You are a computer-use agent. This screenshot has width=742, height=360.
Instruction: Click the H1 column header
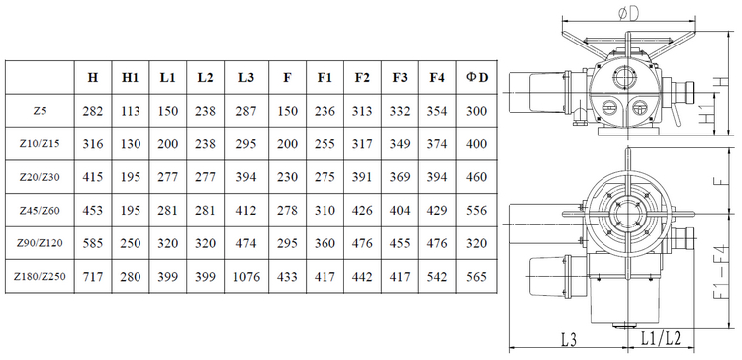click(131, 78)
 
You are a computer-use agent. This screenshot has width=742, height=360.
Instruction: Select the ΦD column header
click(477, 78)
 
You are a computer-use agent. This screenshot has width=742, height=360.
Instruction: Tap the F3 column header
click(400, 78)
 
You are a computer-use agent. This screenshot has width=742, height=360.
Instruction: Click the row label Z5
click(40, 111)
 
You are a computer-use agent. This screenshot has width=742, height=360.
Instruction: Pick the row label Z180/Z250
click(40, 276)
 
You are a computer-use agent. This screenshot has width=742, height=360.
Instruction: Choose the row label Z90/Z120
click(40, 243)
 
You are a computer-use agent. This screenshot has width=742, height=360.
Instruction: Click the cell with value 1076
click(246, 276)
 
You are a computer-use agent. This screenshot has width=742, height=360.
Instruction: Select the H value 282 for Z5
click(93, 111)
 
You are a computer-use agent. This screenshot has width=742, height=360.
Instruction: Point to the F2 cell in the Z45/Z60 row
click(362, 210)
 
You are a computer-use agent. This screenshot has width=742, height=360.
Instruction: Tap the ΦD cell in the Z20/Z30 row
click(477, 177)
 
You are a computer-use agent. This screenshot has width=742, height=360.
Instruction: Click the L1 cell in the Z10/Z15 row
click(168, 144)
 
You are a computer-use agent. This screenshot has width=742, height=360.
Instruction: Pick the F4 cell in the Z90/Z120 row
click(437, 243)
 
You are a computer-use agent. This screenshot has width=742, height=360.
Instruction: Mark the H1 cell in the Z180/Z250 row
click(131, 276)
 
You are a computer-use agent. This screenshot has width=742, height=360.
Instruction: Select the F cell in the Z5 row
click(287, 111)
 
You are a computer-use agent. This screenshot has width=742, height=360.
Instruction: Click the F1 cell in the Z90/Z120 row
click(325, 243)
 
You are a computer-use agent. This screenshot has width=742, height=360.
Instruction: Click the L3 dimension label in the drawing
click(569, 339)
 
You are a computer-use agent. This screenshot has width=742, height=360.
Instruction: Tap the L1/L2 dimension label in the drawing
click(661, 338)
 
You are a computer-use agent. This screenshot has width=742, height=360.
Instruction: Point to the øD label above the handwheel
click(629, 14)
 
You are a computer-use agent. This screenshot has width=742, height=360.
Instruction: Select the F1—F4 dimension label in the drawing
click(720, 272)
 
